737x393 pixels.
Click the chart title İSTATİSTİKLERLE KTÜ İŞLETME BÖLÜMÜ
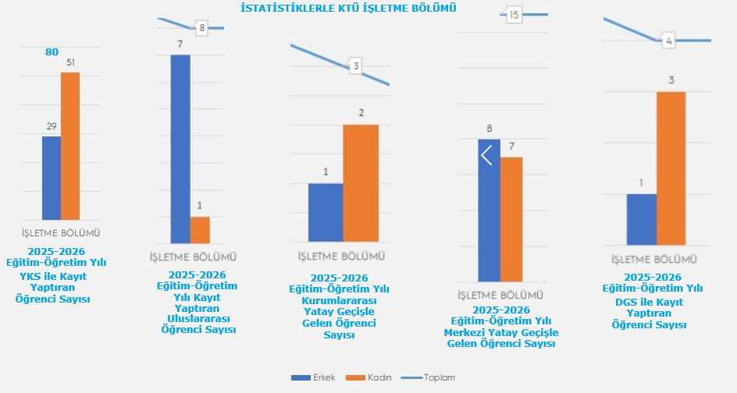point(349,7)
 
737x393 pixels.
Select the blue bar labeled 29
point(52,178)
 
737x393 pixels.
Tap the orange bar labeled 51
point(70,146)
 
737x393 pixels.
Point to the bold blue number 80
point(52,52)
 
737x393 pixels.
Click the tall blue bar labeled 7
point(180,148)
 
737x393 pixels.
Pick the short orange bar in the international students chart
point(200,229)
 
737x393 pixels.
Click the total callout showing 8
point(201,28)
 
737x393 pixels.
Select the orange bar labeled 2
point(361,182)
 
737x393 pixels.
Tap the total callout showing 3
point(355,65)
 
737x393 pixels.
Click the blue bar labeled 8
point(489,211)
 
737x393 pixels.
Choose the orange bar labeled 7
point(511,219)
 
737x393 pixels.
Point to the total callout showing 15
point(513,14)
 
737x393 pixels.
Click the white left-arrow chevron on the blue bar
point(486,155)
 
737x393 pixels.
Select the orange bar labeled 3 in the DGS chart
point(671,168)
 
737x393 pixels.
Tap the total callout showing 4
point(668,41)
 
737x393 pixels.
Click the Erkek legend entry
point(313,377)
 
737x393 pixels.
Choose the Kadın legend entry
point(370,377)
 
